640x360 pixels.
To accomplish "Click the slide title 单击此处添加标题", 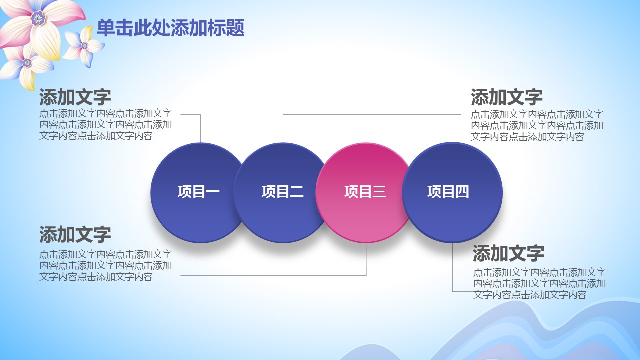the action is click(171, 28).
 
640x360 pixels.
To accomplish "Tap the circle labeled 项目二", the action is click(281, 193).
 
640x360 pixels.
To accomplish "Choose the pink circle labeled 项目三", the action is click(365, 193).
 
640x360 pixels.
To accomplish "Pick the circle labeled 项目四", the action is click(452, 193).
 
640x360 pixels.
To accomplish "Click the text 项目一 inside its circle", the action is click(199, 191).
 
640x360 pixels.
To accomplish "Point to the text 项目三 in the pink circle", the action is click(365, 191).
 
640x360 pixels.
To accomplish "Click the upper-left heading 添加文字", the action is click(75, 97).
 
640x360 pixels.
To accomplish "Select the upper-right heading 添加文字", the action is click(507, 97).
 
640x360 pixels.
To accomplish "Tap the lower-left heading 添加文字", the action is click(75, 235).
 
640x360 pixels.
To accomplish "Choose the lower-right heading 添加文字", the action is click(508, 253).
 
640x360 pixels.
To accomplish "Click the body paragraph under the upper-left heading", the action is click(105, 125).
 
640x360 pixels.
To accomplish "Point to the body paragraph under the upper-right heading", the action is click(537, 125).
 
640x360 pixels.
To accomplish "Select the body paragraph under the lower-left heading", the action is click(105, 265).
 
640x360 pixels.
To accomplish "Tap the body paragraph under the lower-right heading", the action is click(539, 283).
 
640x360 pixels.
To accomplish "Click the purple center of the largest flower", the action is click(38, 19).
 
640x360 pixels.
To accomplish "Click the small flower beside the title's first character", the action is click(84, 46).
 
